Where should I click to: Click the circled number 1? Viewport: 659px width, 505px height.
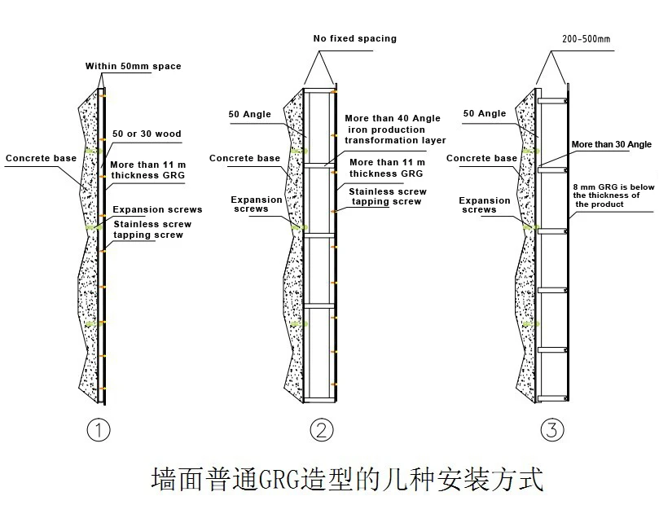(x=99, y=430)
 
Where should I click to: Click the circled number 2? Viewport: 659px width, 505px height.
(x=323, y=430)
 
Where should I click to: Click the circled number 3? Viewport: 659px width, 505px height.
(x=552, y=430)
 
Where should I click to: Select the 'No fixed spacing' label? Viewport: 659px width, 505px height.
(x=354, y=38)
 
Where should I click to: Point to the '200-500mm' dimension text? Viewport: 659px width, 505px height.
(x=586, y=38)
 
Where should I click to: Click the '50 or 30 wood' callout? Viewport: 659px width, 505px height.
(x=146, y=134)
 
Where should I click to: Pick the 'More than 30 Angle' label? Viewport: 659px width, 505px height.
(x=611, y=144)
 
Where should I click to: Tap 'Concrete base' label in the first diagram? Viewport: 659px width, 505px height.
(x=40, y=158)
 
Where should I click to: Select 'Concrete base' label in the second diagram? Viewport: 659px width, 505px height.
(x=244, y=158)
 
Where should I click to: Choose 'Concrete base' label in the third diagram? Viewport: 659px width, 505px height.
(x=482, y=158)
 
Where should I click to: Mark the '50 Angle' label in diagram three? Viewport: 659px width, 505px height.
(x=484, y=114)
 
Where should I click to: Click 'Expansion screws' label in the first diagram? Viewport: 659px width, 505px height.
(x=157, y=209)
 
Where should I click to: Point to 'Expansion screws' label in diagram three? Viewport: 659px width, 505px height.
(x=484, y=204)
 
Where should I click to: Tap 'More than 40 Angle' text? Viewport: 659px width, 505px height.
(x=393, y=119)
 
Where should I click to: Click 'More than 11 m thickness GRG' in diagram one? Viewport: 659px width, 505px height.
(x=147, y=169)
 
